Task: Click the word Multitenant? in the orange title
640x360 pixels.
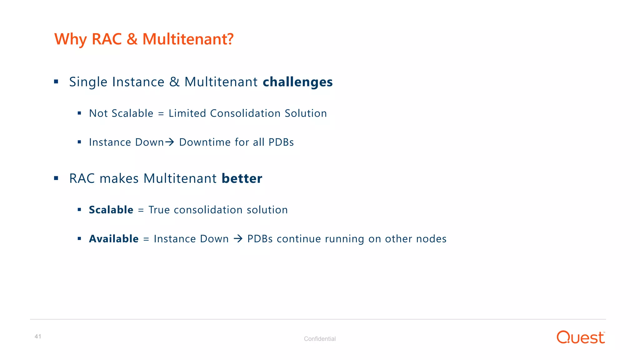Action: click(x=188, y=39)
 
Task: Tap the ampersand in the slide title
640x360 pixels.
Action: click(x=132, y=39)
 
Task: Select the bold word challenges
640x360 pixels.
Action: click(x=297, y=82)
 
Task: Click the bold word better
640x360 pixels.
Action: click(x=242, y=178)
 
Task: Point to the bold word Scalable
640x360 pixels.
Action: click(x=111, y=210)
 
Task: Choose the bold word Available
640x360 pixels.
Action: click(x=114, y=239)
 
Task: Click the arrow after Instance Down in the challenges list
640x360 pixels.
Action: click(x=170, y=142)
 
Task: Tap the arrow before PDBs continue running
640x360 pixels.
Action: click(x=238, y=239)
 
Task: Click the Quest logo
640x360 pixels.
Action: click(x=581, y=337)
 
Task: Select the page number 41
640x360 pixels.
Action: click(x=38, y=337)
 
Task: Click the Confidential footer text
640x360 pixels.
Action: click(x=320, y=339)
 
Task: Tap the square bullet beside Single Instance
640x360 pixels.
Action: click(x=56, y=82)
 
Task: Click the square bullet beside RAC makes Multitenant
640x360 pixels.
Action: click(x=56, y=178)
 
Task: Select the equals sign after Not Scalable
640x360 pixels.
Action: click(x=161, y=114)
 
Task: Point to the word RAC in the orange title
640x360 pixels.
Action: click(x=107, y=39)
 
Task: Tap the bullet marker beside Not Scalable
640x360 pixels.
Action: click(x=79, y=113)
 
